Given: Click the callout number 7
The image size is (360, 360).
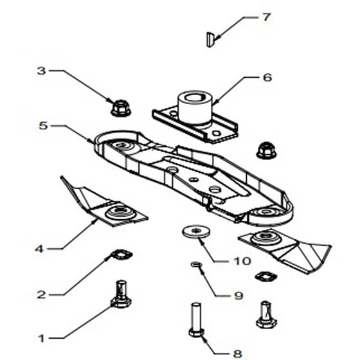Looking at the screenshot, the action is [266, 17].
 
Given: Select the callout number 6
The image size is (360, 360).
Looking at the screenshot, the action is [267, 78].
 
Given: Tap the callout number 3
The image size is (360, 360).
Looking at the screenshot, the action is [42, 71].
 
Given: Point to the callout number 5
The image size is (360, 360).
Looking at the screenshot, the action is [43, 125].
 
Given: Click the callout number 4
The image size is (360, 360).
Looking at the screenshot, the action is [39, 249].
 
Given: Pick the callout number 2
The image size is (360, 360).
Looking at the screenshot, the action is [41, 294].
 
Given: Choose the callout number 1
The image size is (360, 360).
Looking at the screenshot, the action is [41, 338].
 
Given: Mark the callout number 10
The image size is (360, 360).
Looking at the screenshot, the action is [242, 261].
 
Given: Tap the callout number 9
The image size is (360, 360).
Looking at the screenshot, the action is [239, 296].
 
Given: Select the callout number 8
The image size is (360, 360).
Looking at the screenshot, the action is [238, 354].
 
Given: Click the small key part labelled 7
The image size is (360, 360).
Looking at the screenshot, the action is [210, 39].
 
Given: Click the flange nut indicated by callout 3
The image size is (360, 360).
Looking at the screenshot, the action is [121, 108].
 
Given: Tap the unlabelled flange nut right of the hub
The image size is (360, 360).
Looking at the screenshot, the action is [266, 150].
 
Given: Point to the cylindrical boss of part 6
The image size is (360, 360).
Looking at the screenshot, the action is [195, 107].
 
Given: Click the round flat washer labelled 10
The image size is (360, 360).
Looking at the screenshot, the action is [196, 231].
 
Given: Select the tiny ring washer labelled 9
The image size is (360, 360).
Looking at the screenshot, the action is [196, 264].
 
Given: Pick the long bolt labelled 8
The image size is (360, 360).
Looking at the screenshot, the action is [197, 319].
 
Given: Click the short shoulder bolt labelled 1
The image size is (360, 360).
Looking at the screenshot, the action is [121, 294].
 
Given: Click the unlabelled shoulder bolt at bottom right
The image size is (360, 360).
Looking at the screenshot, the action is [266, 314].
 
